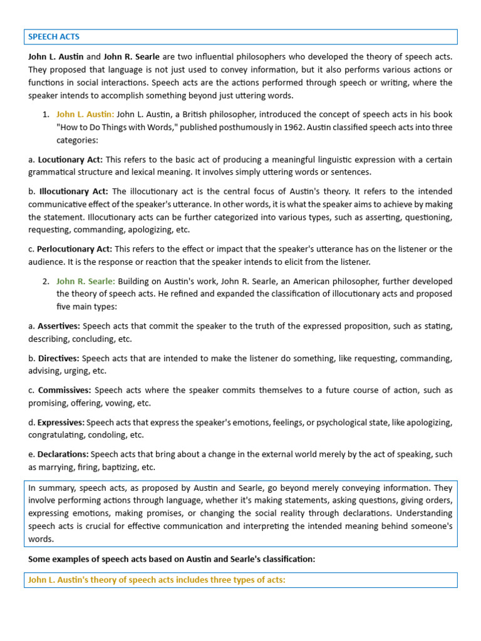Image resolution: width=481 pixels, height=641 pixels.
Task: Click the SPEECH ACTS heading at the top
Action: (54, 37)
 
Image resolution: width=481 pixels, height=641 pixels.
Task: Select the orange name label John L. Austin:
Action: (85, 115)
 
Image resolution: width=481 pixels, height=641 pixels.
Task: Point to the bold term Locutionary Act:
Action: (70, 160)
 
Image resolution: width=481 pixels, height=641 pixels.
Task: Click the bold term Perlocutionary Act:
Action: (75, 249)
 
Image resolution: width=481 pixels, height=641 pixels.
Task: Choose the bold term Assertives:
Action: (58, 326)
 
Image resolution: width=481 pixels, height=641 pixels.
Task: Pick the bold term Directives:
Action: (58, 359)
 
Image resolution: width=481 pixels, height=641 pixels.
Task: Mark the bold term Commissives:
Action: (64, 391)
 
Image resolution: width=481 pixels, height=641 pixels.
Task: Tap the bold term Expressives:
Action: (61, 423)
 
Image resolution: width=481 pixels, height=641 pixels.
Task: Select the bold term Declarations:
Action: (63, 454)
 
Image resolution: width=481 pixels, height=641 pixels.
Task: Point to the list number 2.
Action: (46, 281)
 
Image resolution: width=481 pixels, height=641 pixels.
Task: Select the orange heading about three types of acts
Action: (157, 580)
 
